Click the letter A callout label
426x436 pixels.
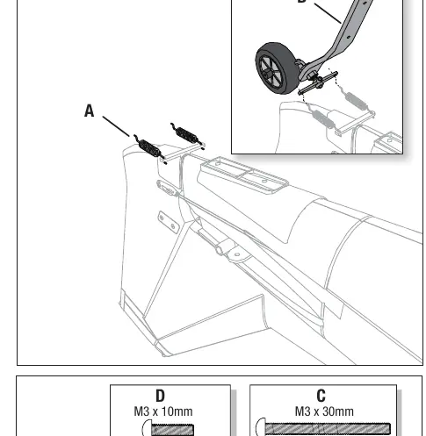pyautogui.click(x=89, y=111)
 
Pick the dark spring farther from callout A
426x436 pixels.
pyautogui.click(x=187, y=136)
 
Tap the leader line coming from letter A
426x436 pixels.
pyautogui.click(x=116, y=126)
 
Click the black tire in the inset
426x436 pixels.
pyautogui.click(x=277, y=68)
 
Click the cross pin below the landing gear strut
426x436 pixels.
pyautogui.click(x=318, y=83)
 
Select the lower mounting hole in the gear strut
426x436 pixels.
pyautogui.click(x=349, y=37)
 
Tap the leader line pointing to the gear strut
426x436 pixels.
pyautogui.click(x=328, y=13)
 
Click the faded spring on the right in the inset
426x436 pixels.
pyautogui.click(x=356, y=101)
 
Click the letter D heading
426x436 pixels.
pyautogui.click(x=160, y=397)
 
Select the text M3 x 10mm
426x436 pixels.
pyautogui.click(x=163, y=411)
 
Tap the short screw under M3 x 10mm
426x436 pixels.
pyautogui.click(x=168, y=429)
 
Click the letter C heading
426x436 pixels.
pyautogui.click(x=321, y=396)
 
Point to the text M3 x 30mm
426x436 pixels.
pyautogui.click(x=324, y=411)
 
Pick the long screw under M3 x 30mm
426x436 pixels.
pyautogui.click(x=323, y=428)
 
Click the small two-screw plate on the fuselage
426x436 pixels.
pyautogui.click(x=168, y=222)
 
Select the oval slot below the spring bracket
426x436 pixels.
pyautogui.click(x=166, y=188)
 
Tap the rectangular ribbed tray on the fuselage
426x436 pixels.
pyautogui.click(x=243, y=175)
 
